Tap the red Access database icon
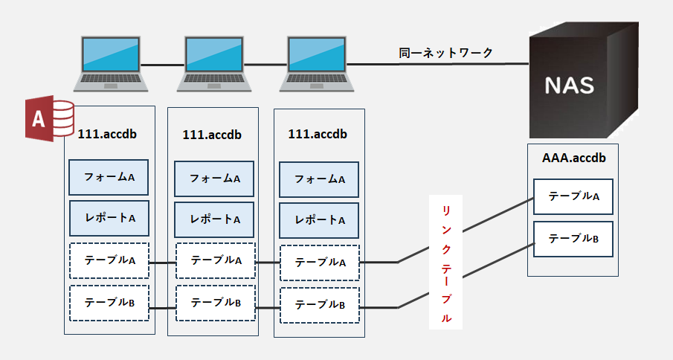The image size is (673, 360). click(x=49, y=118)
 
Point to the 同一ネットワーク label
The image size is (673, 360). click(x=445, y=54)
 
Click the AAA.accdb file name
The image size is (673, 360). click(x=573, y=158)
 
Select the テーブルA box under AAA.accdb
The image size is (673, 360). click(x=573, y=197)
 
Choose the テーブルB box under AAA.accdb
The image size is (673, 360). click(x=573, y=239)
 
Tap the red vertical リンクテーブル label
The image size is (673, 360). click(x=446, y=262)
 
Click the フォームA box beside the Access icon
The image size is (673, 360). click(x=109, y=178)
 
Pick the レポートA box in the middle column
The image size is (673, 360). click(x=215, y=219)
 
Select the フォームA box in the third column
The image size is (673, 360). click(x=319, y=179)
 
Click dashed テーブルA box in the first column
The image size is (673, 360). click(x=109, y=261)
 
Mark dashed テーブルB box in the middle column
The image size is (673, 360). click(x=215, y=303)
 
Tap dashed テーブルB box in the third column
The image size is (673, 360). click(x=319, y=305)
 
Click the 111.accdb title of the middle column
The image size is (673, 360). click(x=212, y=135)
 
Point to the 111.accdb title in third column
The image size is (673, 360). click(x=318, y=135)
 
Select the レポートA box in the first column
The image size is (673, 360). click(x=109, y=219)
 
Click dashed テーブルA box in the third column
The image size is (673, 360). click(x=319, y=263)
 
